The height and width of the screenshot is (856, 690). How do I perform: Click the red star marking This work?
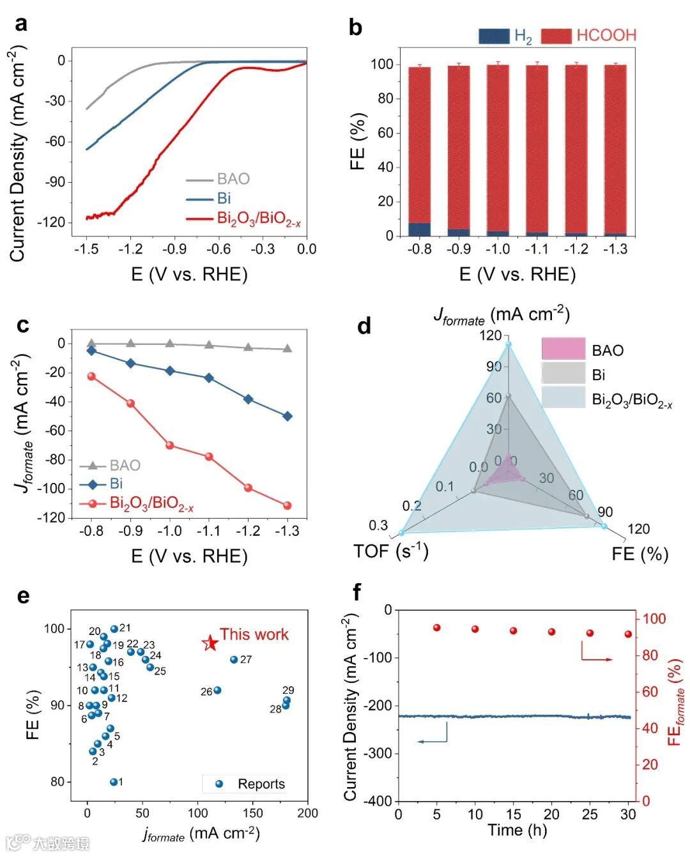pos(210,643)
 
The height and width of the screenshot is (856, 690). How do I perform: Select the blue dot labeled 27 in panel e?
pos(234,659)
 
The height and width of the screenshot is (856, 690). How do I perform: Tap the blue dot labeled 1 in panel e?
pos(114,782)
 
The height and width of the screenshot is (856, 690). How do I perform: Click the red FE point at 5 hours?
pos(437,628)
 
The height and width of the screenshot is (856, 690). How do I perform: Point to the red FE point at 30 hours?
pos(628,634)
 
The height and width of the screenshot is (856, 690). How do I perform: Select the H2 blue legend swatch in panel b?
pos(494,36)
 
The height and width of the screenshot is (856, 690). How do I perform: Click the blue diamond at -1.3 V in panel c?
pos(287,417)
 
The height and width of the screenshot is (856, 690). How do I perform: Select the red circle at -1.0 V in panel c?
pos(170,445)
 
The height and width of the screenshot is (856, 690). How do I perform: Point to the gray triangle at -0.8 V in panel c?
pos(91,343)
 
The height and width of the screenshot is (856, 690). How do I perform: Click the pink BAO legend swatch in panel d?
pos(563,349)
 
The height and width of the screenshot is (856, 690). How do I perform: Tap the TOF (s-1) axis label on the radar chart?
pos(390,551)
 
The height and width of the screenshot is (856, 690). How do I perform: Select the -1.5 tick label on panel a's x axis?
pos(86,249)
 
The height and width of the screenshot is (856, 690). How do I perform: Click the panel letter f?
pos(356,592)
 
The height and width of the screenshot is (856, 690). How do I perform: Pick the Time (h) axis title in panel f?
pos(514,830)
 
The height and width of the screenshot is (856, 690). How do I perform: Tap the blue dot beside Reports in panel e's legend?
pos(219,784)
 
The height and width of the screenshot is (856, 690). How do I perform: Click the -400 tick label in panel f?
pos(377,800)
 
